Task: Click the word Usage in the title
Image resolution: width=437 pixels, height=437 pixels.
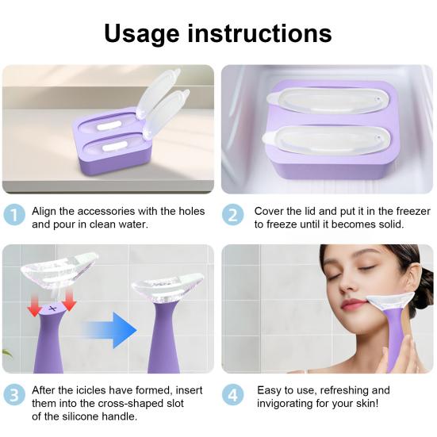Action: (142, 34)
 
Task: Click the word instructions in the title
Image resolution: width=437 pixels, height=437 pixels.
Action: (260, 33)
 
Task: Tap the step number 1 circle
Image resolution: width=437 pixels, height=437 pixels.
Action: (14, 214)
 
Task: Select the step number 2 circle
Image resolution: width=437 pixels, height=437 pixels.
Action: (232, 215)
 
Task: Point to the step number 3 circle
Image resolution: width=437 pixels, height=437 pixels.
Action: (14, 395)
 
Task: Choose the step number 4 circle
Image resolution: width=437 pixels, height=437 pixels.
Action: (232, 395)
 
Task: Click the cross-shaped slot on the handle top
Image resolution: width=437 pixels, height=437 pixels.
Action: (52, 309)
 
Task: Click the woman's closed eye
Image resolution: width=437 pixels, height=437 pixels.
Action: (364, 268)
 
